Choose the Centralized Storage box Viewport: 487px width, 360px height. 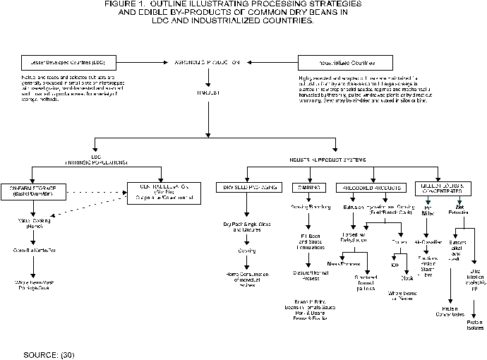click(163, 191)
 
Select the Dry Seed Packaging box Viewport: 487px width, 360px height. click(246, 187)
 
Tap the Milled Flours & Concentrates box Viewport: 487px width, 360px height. click(443, 188)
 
